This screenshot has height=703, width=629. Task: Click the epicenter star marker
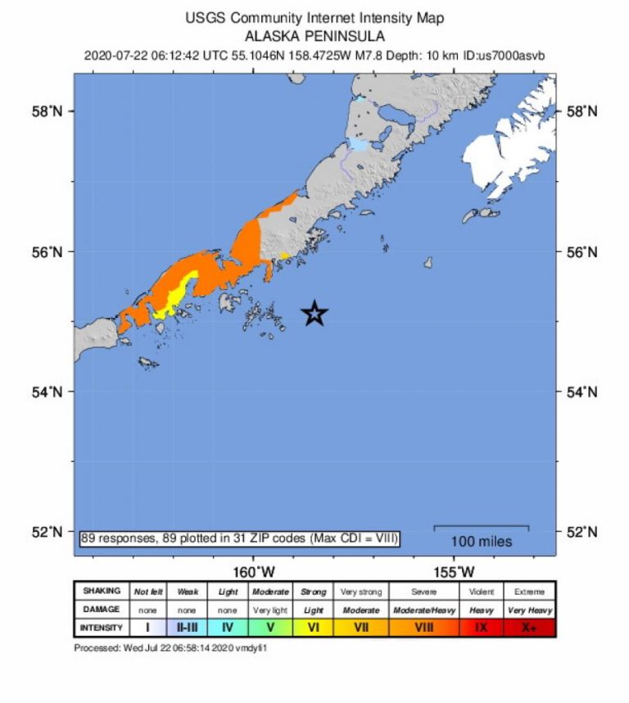point(314,313)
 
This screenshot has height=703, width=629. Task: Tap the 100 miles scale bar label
point(482,542)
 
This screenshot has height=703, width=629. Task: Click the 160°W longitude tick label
point(253,571)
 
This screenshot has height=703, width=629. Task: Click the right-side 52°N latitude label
point(581,532)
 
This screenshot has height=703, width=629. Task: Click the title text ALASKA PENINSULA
point(314,36)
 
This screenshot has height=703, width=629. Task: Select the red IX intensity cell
point(481,628)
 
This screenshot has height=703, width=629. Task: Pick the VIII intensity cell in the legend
point(423,628)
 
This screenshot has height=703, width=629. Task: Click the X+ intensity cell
point(530,628)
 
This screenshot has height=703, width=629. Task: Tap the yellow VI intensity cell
point(313,628)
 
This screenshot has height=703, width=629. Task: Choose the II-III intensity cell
point(188,628)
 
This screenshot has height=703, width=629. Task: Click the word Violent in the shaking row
point(481,592)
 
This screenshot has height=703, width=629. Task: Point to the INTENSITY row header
point(102,628)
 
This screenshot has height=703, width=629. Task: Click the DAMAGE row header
point(102,610)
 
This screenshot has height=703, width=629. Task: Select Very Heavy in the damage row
point(530,610)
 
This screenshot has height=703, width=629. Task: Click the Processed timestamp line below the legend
point(171,648)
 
